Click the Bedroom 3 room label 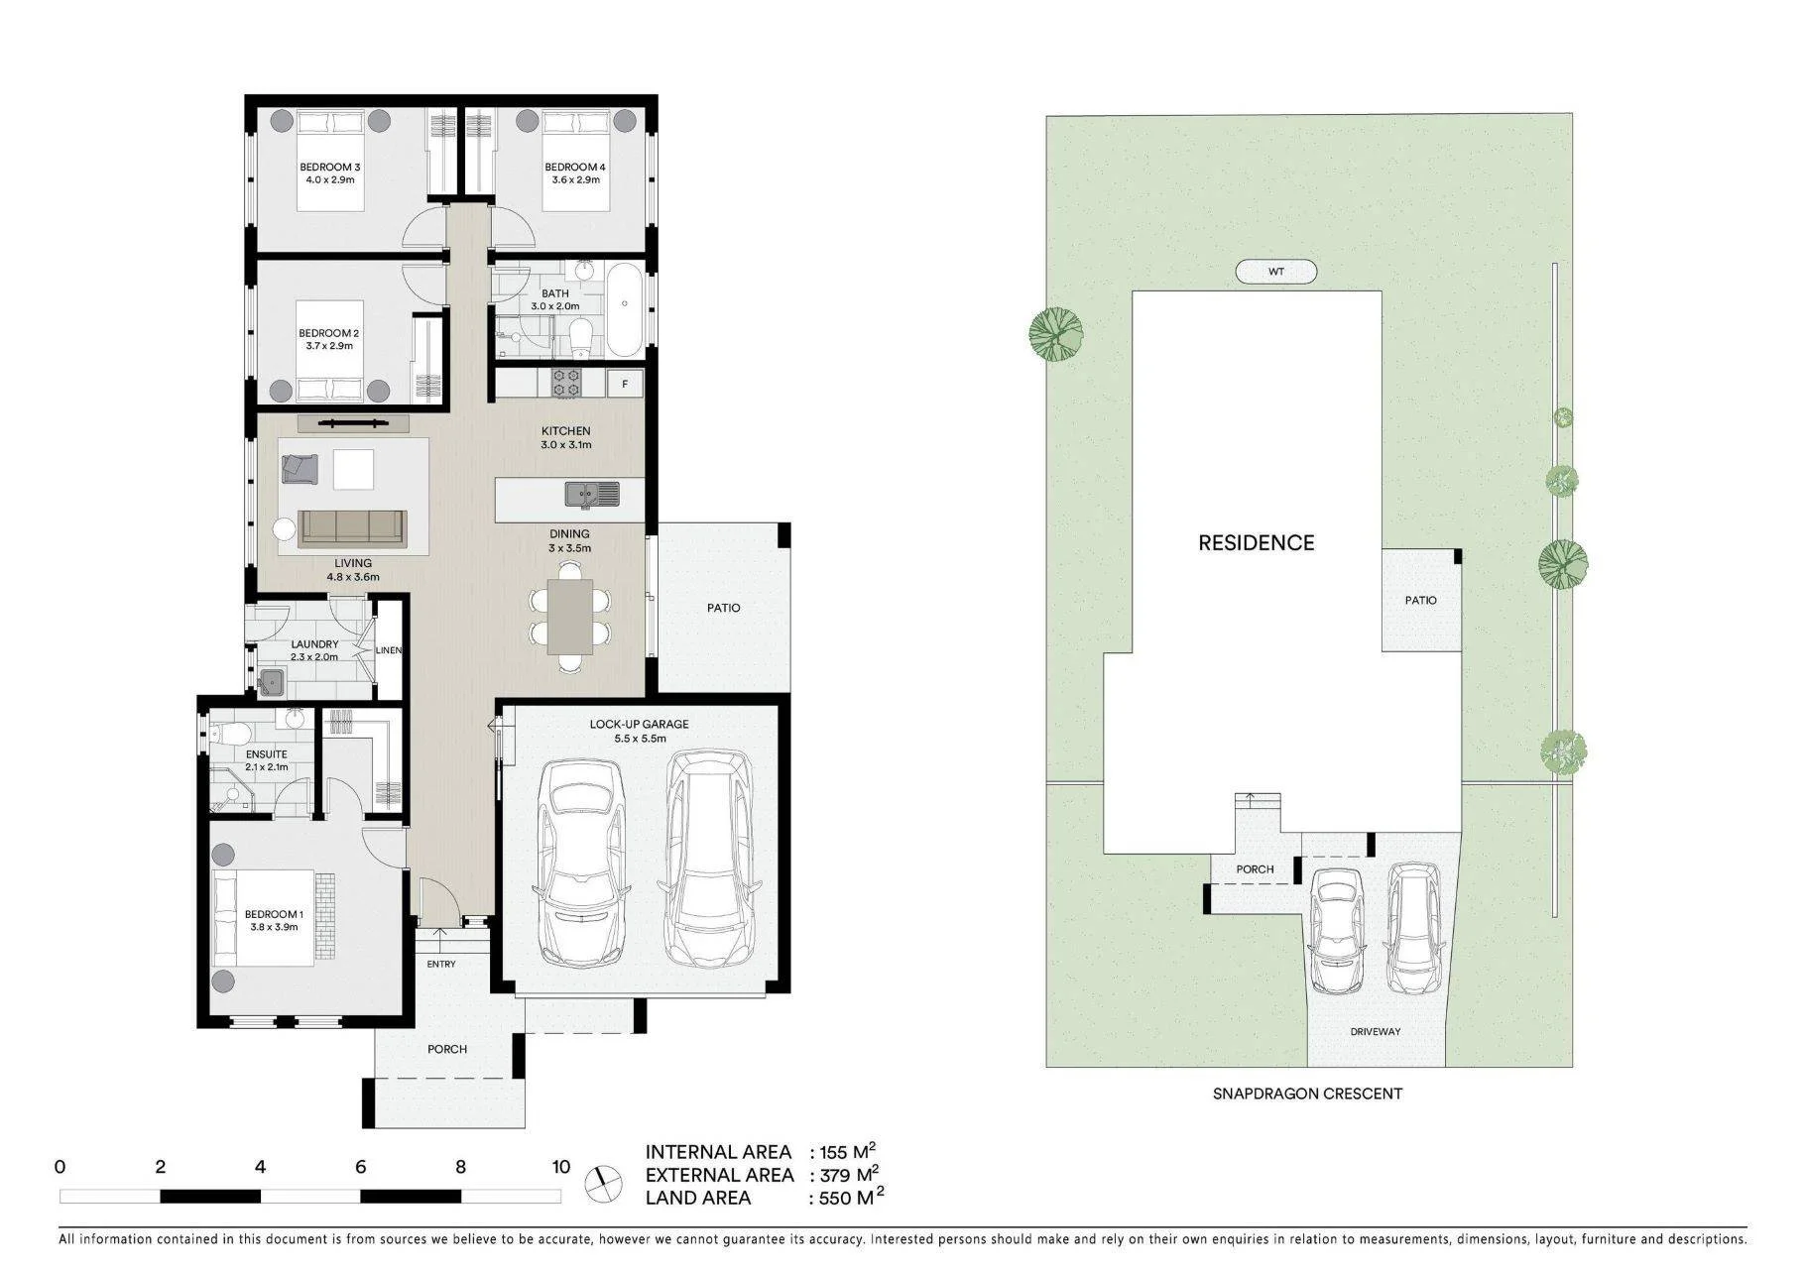pos(330,167)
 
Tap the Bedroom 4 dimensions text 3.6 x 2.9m pos(576,179)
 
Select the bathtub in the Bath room pos(624,310)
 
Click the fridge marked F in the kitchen pos(625,384)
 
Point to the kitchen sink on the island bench pos(592,494)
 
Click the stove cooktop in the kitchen pos(566,383)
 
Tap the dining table pos(570,616)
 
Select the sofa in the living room pos(352,527)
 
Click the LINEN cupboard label pos(389,650)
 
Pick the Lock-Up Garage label pos(639,724)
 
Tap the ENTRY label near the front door pos(441,964)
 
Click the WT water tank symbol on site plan pos(1276,271)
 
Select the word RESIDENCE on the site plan pos(1257,542)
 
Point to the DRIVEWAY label pos(1376,1031)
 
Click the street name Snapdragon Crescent pos(1307,1094)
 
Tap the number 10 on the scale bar pos(561,1167)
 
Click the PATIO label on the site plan pos(1420,600)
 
